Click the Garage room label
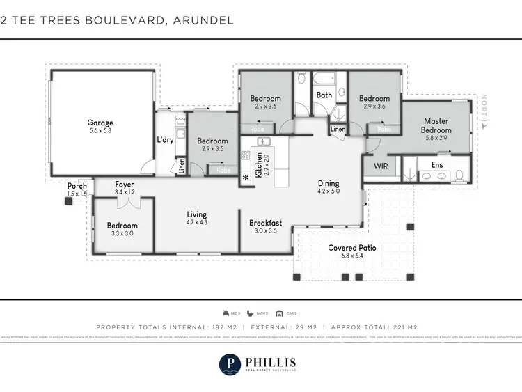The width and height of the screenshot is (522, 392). [100, 121]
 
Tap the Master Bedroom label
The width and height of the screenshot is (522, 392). [436, 125]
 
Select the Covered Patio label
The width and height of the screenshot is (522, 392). [353, 248]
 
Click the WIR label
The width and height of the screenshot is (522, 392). [380, 166]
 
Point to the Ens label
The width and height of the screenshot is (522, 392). [437, 165]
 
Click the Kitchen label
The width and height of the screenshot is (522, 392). [259, 166]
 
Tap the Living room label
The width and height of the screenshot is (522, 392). [197, 214]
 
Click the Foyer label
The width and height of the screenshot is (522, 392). [125, 185]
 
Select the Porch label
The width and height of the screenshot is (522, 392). [77, 186]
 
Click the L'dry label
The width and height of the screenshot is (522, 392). [165, 140]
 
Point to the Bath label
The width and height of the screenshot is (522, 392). [324, 95]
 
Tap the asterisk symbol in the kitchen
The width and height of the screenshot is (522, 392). [246, 178]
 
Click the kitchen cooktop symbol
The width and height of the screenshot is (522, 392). [246, 156]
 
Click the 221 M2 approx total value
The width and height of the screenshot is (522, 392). [403, 327]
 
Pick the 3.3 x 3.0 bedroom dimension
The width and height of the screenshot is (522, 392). [122, 234]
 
